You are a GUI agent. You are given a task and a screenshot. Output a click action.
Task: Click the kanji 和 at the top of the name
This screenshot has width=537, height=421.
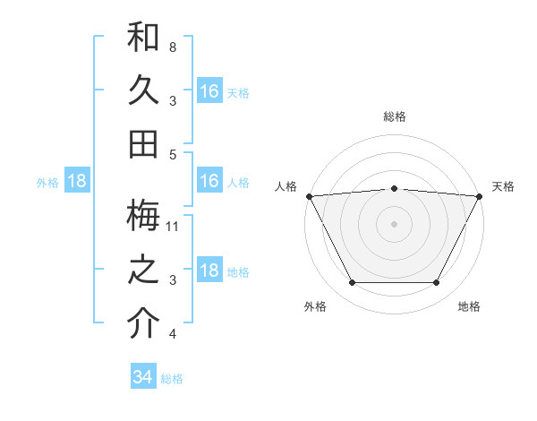tap(143, 39)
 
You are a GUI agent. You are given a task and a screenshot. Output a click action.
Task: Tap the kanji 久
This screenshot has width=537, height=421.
tap(143, 90)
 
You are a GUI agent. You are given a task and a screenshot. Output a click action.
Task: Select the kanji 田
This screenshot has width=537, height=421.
tap(143, 143)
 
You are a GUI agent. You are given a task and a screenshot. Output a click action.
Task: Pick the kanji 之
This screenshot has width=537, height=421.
tap(143, 271)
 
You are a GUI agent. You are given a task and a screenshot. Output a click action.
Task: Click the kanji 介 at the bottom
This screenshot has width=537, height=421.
tap(143, 323)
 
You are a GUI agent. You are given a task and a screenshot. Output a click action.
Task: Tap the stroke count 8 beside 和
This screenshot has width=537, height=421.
tap(173, 47)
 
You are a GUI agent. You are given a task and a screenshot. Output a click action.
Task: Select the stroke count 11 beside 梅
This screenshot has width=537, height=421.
tap(173, 226)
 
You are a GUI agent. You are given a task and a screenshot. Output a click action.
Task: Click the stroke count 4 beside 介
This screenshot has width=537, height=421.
tap(173, 334)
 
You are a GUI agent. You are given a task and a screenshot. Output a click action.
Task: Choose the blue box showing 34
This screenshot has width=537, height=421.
tap(143, 377)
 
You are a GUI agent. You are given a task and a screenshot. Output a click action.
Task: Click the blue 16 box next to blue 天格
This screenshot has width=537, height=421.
tap(209, 91)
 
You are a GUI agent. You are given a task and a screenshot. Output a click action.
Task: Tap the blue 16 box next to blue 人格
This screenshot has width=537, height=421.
tap(209, 181)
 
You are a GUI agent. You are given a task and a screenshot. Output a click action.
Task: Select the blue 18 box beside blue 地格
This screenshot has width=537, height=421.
tap(209, 271)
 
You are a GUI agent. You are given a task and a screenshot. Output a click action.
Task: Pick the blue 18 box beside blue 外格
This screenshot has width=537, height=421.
tap(77, 181)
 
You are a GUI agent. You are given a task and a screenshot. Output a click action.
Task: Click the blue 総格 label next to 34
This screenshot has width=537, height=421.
tap(172, 379)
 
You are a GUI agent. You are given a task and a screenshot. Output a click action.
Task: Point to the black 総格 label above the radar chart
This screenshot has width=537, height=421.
tap(394, 116)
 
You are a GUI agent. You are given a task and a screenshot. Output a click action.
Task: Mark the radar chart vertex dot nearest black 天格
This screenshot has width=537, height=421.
tap(480, 195)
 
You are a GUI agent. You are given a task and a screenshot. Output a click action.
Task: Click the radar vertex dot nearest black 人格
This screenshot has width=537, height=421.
tap(309, 195)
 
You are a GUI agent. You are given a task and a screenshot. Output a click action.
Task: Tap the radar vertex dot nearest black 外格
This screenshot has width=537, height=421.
tap(352, 283)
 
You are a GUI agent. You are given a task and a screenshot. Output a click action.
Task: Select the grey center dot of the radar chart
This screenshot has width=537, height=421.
tap(394, 223)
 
